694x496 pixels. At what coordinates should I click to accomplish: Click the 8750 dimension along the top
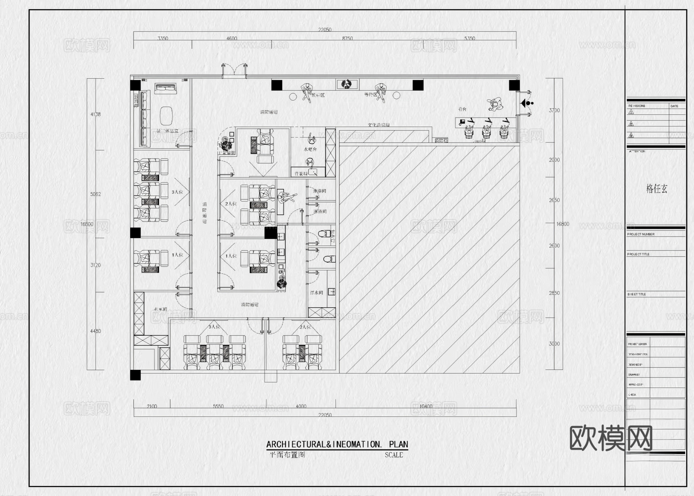tap(347, 38)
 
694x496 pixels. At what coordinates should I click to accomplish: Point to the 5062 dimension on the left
tap(96, 194)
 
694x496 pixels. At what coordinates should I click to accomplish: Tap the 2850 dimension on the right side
tap(554, 293)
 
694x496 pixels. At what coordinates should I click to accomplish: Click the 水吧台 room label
tap(310, 149)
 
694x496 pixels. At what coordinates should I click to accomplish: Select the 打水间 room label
tap(317, 293)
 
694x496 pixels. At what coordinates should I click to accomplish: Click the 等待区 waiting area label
tap(370, 95)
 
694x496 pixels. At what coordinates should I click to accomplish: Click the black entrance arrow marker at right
tap(525, 103)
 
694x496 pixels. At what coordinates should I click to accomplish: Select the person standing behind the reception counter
tap(495, 103)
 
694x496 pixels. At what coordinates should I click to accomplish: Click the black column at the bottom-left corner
tap(135, 375)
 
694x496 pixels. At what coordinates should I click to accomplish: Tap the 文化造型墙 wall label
tap(379, 125)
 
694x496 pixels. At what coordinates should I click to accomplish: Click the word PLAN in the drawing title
tap(398, 444)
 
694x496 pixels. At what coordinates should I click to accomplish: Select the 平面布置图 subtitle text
tap(287, 455)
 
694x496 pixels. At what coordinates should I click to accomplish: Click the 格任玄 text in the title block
tap(657, 189)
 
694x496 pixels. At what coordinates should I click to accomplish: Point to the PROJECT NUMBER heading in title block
tap(641, 234)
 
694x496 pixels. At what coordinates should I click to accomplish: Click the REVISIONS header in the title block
tap(637, 106)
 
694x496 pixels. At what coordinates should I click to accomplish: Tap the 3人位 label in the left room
tap(177, 192)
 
